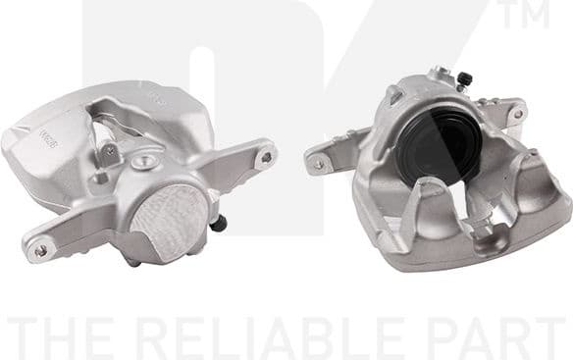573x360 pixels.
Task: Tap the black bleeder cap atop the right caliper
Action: pos(465,77)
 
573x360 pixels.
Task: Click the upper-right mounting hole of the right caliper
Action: pos(517,114)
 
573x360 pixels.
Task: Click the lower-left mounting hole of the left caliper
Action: pos(40,250)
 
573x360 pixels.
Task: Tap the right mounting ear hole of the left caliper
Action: pos(265,156)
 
